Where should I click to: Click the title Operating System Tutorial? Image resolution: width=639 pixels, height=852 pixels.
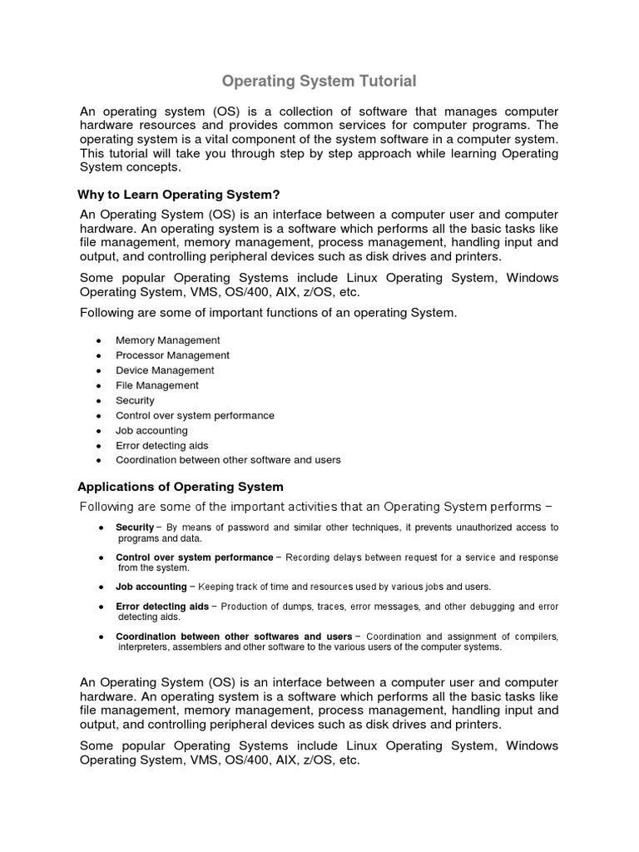point(319,81)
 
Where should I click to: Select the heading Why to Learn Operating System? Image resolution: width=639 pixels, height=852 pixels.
point(179,195)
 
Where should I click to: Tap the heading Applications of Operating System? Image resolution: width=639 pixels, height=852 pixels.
point(181,486)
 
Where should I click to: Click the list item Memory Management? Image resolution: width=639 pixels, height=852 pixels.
point(167,340)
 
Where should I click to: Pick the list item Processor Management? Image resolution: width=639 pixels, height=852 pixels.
point(172,355)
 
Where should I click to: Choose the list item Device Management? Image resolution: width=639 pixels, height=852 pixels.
point(165,370)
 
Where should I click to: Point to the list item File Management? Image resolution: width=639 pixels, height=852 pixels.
point(156,385)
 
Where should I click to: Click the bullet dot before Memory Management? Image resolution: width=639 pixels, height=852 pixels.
point(99,341)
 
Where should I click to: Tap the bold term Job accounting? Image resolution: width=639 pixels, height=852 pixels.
point(151,587)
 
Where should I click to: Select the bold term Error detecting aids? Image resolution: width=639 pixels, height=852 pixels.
point(162,607)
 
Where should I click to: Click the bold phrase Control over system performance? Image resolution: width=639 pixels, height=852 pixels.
point(194,557)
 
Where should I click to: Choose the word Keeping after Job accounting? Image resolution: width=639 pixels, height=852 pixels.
point(216,587)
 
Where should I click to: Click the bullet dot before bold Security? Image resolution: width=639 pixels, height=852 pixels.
point(101,528)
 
